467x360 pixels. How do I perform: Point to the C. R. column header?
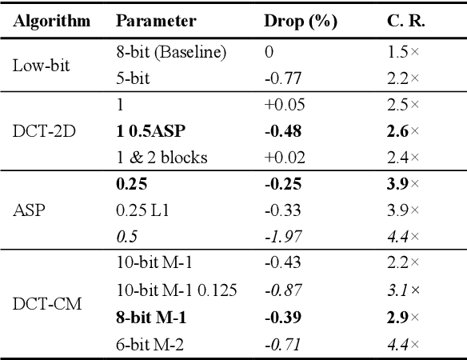402,22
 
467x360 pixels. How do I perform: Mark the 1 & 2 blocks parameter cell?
162,158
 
